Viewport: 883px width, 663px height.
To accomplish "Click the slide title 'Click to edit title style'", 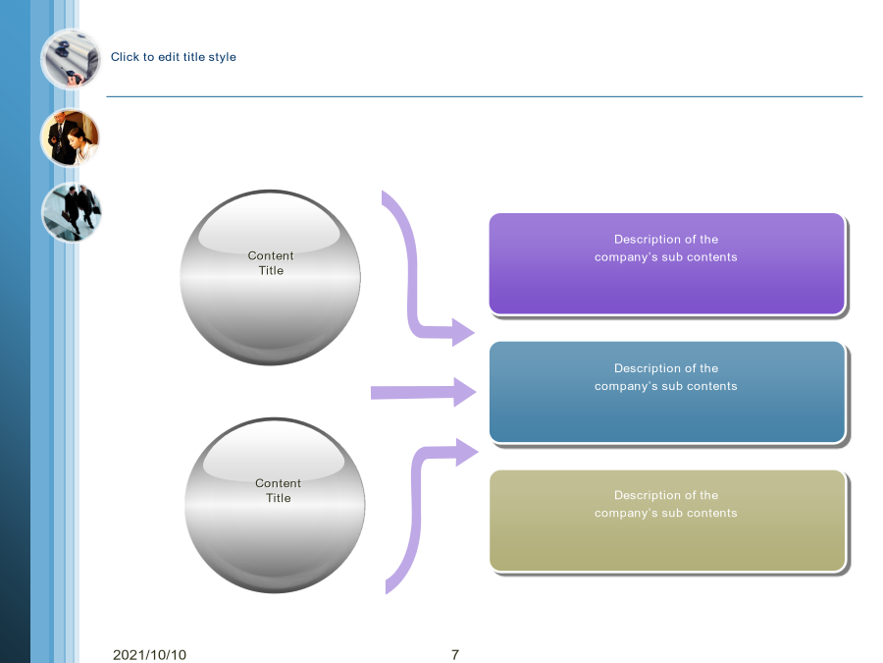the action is coord(174,57).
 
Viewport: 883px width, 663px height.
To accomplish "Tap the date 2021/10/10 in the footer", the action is coord(149,654).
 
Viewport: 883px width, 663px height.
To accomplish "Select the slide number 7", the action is coord(455,654).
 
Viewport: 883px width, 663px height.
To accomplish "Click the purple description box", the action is coord(667,263).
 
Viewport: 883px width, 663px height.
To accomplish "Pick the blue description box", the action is coord(667,392).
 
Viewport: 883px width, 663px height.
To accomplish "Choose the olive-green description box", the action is coord(667,521).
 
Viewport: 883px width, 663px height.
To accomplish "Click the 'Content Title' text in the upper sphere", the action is coord(271,262).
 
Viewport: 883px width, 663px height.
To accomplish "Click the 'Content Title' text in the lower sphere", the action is coord(279,490).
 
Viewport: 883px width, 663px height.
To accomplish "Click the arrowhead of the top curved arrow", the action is coord(463,333).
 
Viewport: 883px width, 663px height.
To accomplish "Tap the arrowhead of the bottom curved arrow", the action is coord(466,452).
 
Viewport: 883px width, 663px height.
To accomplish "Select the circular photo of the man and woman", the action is coord(70,138).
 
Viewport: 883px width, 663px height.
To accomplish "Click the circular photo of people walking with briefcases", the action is coord(71,212).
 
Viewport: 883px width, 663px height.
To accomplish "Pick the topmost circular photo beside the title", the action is coord(71,59).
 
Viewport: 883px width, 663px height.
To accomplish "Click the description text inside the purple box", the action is coord(665,249).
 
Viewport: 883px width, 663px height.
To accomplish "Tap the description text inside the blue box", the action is coord(665,377).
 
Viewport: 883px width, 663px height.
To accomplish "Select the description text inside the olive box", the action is coord(665,504).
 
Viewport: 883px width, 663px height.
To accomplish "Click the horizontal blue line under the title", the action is coord(485,96).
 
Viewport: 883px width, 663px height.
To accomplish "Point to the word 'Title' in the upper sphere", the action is coord(271,271).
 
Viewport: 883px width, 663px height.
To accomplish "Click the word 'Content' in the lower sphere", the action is coord(279,483).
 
